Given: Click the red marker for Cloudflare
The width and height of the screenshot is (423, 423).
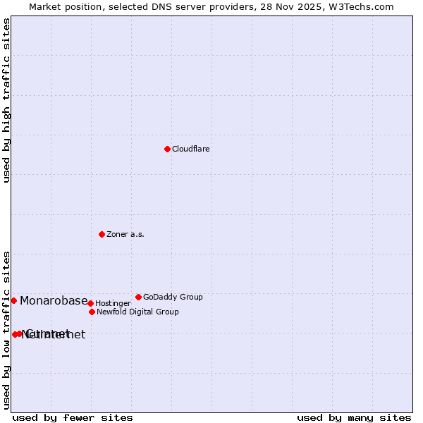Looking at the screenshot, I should click(x=167, y=149).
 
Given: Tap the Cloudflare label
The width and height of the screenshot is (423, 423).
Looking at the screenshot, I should click(x=190, y=149).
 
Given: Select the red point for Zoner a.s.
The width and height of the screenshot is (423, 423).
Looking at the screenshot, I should click(x=102, y=234).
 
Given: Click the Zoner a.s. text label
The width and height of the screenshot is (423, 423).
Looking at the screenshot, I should click(x=125, y=235).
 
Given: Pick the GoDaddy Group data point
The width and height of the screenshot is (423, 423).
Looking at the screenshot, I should click(x=138, y=297).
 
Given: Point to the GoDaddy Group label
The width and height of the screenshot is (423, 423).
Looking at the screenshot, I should click(x=173, y=298).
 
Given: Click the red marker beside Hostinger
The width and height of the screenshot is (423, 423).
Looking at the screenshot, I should click(x=90, y=303).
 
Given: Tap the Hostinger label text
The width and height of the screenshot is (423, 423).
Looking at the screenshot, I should click(x=113, y=304).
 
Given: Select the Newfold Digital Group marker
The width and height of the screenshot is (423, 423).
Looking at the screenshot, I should click(x=92, y=312).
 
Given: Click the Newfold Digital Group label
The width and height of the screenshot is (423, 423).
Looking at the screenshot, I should click(x=137, y=312).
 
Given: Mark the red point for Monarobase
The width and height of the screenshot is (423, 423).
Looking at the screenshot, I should click(x=13, y=300).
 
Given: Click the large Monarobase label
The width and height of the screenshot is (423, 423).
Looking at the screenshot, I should click(x=54, y=301).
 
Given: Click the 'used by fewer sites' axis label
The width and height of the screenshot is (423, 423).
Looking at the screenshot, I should click(x=73, y=417).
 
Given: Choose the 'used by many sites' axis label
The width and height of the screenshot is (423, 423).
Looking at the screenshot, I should click(x=354, y=417).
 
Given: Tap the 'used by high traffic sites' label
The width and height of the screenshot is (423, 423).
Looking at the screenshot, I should click(x=7, y=100).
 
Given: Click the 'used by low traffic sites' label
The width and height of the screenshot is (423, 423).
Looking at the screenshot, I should click(x=7, y=330).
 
